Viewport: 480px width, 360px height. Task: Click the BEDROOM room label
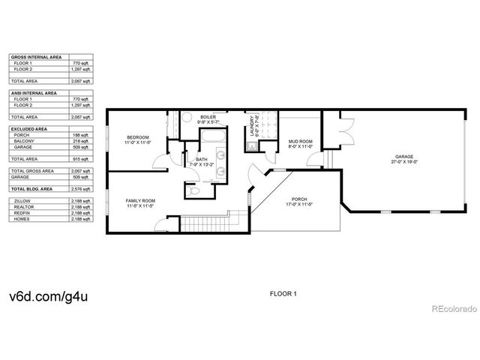tap(137, 137)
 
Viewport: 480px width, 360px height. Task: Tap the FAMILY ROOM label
tap(139, 201)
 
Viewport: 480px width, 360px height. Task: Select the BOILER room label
tap(208, 118)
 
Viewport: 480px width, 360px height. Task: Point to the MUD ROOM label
tap(300, 141)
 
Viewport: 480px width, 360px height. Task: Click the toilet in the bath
tap(193, 191)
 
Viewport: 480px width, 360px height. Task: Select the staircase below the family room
tap(206, 223)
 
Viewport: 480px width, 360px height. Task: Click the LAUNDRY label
tap(253, 125)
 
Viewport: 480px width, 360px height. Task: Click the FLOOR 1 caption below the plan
tap(283, 293)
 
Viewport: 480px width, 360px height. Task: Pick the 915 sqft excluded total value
tap(81, 159)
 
